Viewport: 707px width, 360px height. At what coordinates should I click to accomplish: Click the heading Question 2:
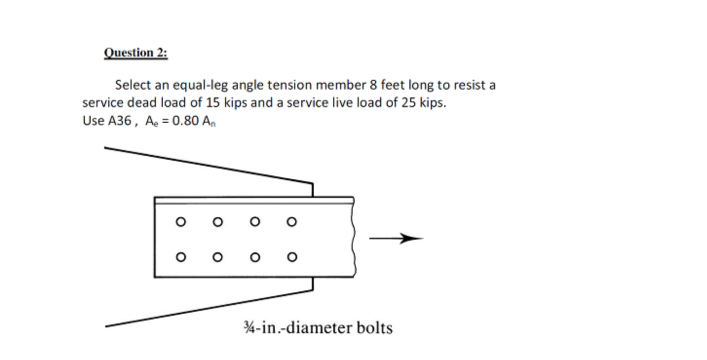click(135, 53)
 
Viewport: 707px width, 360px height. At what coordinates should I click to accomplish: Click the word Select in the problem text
click(133, 85)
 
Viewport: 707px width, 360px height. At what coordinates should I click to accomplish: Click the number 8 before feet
click(373, 85)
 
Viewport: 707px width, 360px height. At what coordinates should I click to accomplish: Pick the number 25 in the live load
click(408, 103)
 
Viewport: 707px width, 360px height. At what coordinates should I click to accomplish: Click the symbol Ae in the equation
click(150, 121)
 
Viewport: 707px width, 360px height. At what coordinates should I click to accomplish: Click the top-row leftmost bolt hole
click(181, 222)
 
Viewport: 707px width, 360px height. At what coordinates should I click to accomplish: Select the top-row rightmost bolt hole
click(291, 222)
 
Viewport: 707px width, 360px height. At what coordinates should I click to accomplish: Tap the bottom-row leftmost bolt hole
click(181, 257)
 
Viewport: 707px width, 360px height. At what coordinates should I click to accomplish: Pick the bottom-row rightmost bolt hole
click(291, 257)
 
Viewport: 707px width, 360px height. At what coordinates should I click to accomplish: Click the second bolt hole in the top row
click(218, 222)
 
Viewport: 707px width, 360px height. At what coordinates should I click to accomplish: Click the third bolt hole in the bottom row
click(255, 257)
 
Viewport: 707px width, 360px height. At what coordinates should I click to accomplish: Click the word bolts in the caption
click(374, 327)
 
